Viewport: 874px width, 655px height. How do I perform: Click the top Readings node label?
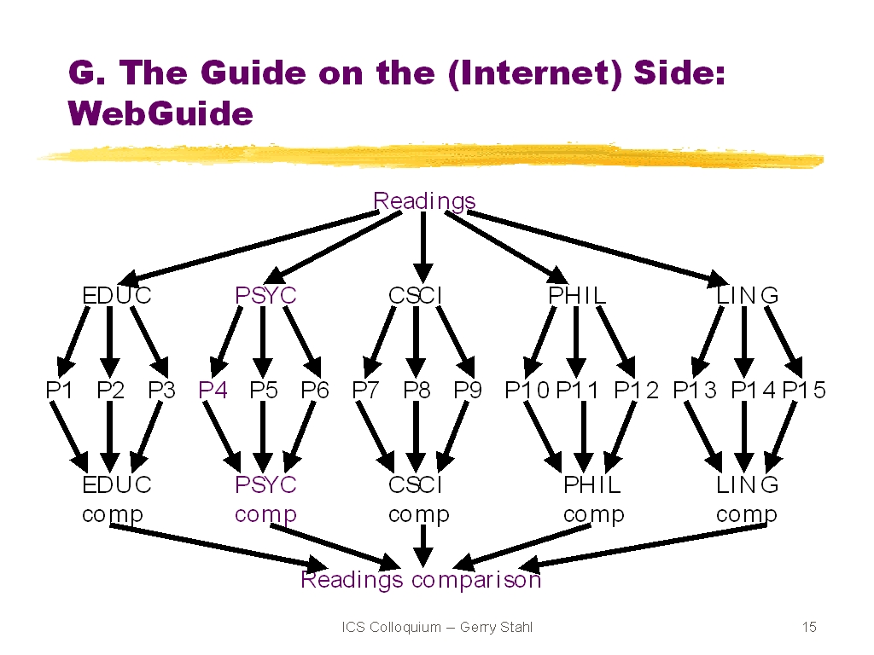[424, 201]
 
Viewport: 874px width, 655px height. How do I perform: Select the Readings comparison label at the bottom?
[421, 580]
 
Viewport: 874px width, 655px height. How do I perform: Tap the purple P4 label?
[213, 390]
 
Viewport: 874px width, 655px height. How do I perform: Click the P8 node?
[417, 390]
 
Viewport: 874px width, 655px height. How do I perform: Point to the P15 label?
[804, 390]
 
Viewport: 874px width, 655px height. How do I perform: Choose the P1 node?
[59, 390]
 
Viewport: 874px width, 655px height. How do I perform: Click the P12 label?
[636, 390]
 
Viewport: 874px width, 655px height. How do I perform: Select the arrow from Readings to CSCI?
[423, 247]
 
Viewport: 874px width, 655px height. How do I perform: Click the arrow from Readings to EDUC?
[248, 248]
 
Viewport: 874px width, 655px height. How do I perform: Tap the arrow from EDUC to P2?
[110, 341]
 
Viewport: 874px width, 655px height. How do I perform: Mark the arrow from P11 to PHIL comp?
[584, 437]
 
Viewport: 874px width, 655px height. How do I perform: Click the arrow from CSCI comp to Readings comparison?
[423, 546]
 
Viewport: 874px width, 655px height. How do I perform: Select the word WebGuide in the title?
[160, 113]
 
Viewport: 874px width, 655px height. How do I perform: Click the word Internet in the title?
[534, 73]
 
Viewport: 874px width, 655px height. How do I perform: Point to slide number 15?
[809, 627]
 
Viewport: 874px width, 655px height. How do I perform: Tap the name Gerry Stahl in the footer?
[496, 627]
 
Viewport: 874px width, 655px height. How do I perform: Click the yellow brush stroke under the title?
[430, 155]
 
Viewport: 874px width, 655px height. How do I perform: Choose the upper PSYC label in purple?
[265, 295]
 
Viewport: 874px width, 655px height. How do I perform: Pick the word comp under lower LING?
[746, 515]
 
